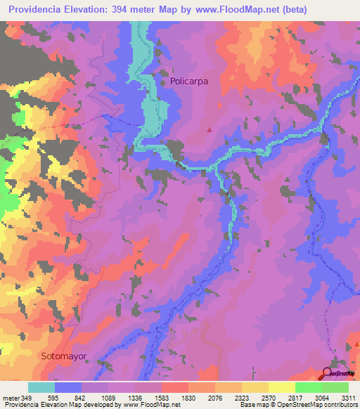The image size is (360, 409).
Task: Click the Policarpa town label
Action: [189, 82]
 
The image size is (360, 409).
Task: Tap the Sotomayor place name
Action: [63, 356]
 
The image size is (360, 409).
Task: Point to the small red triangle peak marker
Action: [209, 129]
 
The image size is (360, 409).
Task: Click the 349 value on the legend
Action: [25, 397]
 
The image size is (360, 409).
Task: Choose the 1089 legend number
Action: [108, 397]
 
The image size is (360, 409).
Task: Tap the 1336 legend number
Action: [134, 397]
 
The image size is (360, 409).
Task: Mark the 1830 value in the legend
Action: [188, 397]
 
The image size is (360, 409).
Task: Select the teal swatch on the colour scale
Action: [41, 387]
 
